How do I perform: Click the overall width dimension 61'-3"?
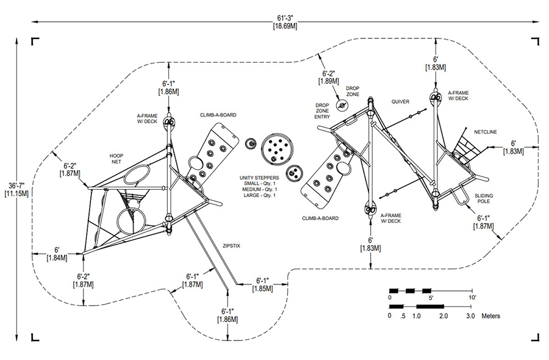(285, 18)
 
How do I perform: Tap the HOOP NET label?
(117, 159)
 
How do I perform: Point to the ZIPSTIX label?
(231, 246)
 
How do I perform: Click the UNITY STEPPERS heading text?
(259, 178)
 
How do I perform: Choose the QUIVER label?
(400, 101)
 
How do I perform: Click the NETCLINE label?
(486, 132)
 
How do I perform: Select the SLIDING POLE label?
(484, 198)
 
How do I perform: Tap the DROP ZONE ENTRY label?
(322, 111)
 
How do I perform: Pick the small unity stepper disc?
(251, 143)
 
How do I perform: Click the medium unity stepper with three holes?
(293, 173)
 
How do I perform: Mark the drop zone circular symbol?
(342, 105)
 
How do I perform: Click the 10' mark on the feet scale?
(472, 298)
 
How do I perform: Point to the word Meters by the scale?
(491, 316)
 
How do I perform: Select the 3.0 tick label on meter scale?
(470, 316)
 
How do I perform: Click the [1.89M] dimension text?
(328, 81)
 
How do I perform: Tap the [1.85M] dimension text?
(262, 289)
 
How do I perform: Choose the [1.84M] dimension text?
(57, 257)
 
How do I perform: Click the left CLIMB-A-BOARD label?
(218, 115)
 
